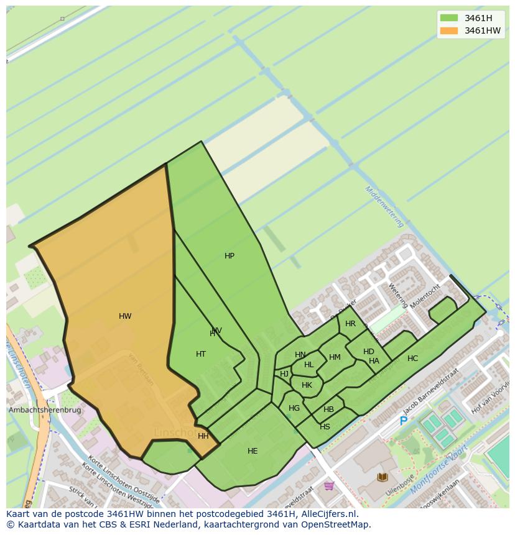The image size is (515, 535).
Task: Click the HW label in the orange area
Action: [x=125, y=316]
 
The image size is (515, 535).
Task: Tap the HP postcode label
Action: [x=230, y=256]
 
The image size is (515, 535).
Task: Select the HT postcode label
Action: [x=201, y=354]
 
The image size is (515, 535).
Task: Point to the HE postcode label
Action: [x=253, y=451]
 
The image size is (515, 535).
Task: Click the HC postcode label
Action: [x=412, y=359]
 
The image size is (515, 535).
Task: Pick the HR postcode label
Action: [x=350, y=324]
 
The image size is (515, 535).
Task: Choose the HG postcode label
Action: [x=294, y=408]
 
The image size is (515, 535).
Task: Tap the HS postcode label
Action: [x=325, y=427]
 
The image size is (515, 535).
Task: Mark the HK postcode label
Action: [x=307, y=385]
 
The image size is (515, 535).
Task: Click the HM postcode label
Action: [x=335, y=357]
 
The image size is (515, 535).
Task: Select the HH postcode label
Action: [x=203, y=436]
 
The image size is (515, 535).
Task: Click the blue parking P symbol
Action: [x=403, y=421]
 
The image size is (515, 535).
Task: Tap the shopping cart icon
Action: [x=329, y=485]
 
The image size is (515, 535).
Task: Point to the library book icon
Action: [x=383, y=477]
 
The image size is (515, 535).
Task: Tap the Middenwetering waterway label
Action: [x=384, y=207]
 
